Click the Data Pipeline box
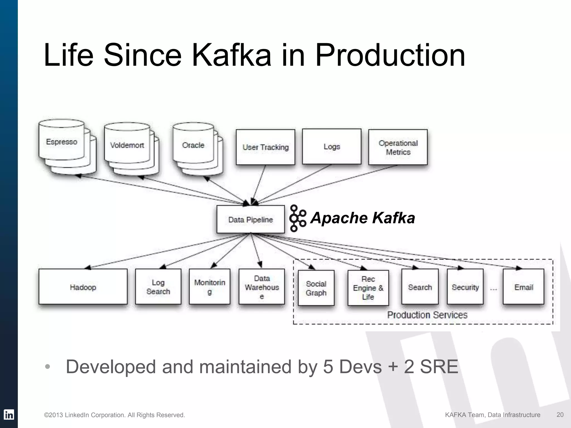(x=250, y=220)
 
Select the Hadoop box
(x=83, y=287)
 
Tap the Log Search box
(x=158, y=287)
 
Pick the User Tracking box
(x=265, y=147)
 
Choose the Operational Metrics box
(x=398, y=147)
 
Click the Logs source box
(x=332, y=147)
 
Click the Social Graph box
(x=316, y=288)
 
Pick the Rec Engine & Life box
(x=368, y=288)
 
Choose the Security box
(x=465, y=287)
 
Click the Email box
(x=524, y=287)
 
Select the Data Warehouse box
(x=262, y=287)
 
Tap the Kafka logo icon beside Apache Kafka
(x=297, y=218)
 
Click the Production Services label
(x=427, y=315)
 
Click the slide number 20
(x=560, y=415)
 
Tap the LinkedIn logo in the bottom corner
(x=9, y=415)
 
